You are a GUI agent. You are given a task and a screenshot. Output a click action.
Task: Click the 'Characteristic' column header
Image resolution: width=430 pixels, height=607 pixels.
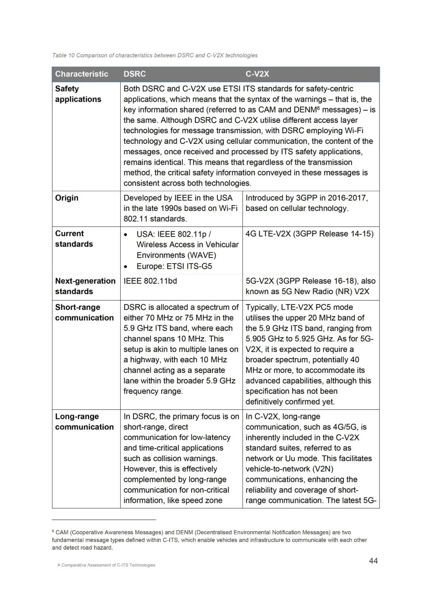point(82,74)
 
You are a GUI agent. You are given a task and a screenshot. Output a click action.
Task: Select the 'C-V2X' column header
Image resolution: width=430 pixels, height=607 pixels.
point(257,74)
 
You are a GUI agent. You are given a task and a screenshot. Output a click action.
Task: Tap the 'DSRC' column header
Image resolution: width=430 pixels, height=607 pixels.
point(135,74)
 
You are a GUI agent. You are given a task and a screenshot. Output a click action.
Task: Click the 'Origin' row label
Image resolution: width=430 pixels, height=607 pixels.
point(66,198)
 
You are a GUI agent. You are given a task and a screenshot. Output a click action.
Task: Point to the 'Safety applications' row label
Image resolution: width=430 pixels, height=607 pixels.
point(78,94)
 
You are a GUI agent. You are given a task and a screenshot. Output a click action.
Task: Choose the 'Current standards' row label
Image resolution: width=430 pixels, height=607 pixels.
point(74,239)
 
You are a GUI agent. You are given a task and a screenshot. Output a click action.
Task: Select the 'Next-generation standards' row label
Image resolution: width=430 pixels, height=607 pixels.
point(85,286)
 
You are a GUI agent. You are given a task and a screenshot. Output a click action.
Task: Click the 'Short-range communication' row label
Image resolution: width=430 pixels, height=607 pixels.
point(84,312)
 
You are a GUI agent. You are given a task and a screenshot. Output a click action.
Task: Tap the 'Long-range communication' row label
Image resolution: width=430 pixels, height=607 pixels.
point(84,421)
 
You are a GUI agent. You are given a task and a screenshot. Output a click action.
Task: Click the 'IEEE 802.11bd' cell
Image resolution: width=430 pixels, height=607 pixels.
point(150,281)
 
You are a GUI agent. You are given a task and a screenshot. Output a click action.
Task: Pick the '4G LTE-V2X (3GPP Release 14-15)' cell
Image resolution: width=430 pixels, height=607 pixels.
point(309,234)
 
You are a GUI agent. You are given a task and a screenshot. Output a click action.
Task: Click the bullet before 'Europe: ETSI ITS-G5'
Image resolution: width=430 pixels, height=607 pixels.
point(126,267)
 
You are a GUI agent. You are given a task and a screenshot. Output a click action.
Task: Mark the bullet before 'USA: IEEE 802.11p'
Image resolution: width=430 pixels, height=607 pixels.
point(126,235)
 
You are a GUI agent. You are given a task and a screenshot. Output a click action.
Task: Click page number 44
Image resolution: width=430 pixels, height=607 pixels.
point(373,561)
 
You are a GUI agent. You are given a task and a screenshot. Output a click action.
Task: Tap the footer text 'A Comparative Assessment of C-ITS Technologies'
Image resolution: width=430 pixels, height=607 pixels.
point(106,565)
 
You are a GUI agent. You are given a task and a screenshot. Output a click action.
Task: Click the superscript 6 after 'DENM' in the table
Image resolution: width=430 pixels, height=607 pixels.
point(319,108)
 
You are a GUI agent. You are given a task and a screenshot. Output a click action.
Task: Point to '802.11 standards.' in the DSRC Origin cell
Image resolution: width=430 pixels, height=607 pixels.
point(155,219)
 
